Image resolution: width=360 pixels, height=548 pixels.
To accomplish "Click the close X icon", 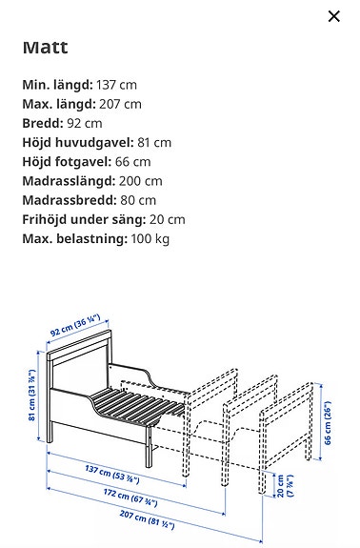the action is click(x=333, y=16).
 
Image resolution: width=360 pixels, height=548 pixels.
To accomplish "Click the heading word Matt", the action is click(x=45, y=48).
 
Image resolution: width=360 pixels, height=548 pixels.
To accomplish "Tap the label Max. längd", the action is click(x=59, y=104).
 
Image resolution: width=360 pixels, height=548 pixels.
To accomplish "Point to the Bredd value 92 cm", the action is click(x=84, y=123).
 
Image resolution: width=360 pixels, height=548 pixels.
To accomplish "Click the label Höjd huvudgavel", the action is click(x=75, y=142).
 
